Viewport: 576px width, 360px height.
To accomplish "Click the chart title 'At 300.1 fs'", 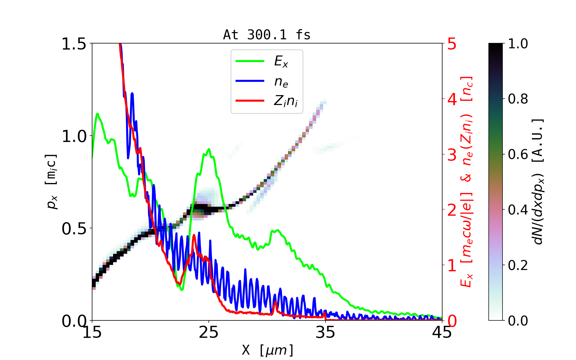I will click(x=267, y=35).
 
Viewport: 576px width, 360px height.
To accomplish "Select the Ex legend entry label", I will click(x=281, y=61).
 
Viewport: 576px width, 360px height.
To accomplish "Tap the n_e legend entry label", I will click(x=281, y=82).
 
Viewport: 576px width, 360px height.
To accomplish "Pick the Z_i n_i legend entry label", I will click(x=286, y=101).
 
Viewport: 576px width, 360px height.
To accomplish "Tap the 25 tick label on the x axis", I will click(x=209, y=332).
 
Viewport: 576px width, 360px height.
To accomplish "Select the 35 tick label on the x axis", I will click(x=325, y=332).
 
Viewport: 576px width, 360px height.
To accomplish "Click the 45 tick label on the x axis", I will click(x=442, y=332).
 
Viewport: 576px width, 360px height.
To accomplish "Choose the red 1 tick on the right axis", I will click(x=452, y=265).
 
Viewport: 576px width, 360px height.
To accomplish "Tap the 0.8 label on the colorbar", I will click(x=518, y=99).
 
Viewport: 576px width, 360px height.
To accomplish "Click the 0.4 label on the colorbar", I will click(x=518, y=210).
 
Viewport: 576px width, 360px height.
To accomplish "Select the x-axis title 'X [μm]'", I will click(x=268, y=350).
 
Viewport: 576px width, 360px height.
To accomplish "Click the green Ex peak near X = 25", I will click(x=208, y=149).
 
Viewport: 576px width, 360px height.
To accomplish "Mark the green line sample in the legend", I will click(x=250, y=61).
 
